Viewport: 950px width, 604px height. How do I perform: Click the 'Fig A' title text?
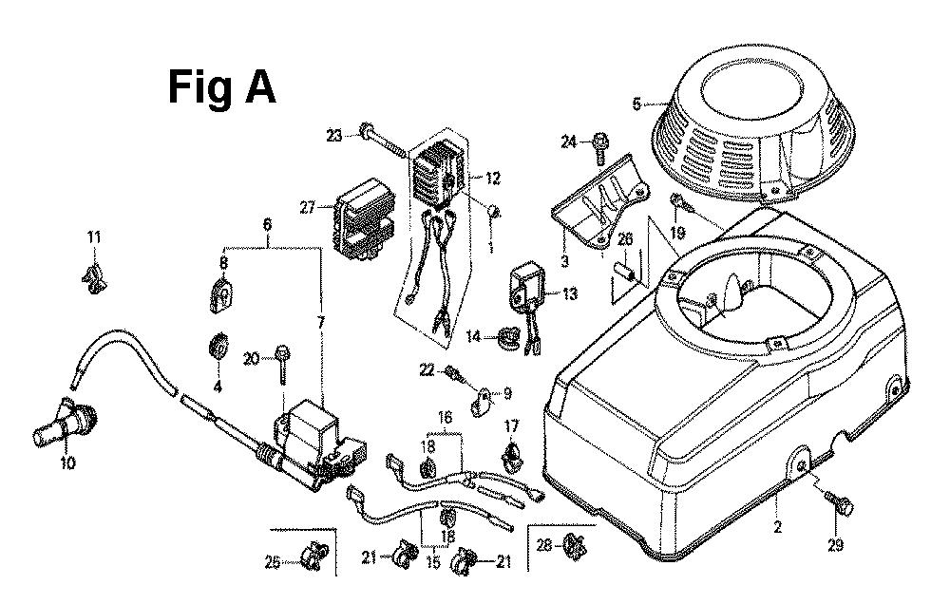tap(222, 87)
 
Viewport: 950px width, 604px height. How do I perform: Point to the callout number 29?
tap(834, 545)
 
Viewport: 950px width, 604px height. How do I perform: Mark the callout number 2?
tap(776, 527)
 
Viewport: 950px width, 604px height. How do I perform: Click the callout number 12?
tap(493, 178)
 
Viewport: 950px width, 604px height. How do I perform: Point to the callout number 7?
tap(321, 324)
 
